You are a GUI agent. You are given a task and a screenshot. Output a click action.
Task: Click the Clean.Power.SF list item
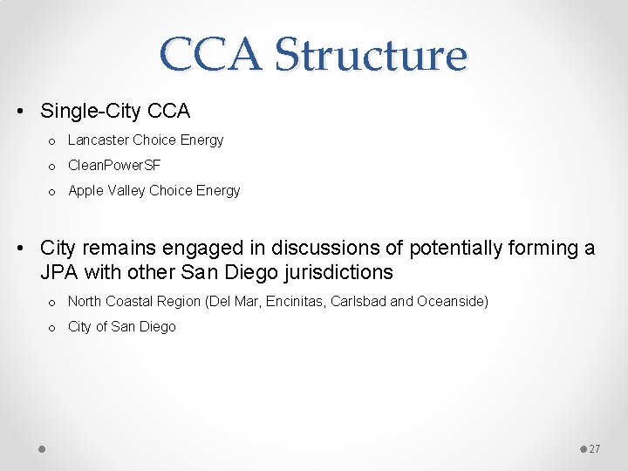(114, 165)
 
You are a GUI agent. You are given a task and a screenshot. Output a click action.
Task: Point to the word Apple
(85, 190)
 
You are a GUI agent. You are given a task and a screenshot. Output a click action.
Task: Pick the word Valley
(126, 190)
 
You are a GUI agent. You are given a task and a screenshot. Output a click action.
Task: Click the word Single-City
(90, 112)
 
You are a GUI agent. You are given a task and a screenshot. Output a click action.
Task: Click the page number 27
(595, 448)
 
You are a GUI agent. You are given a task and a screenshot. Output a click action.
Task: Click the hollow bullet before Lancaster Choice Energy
(52, 141)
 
